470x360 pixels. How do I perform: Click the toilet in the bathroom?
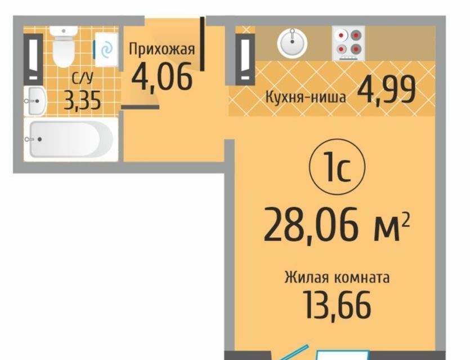click(63, 46)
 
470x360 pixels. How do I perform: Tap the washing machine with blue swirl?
click(106, 50)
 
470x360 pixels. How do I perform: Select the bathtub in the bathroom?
click(71, 140)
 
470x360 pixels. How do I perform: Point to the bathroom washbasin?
click(35, 101)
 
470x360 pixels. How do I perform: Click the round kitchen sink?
click(292, 42)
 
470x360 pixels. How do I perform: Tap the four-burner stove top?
click(348, 43)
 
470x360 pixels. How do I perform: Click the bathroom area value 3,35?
click(82, 101)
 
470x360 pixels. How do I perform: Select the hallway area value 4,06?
click(162, 77)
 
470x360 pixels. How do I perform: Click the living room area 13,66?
click(337, 305)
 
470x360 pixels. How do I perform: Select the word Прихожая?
click(162, 50)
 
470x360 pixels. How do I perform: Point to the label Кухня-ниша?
click(306, 97)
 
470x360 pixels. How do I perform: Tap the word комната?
click(362, 278)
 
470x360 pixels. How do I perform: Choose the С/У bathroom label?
click(82, 79)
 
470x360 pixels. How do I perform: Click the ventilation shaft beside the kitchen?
click(245, 60)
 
